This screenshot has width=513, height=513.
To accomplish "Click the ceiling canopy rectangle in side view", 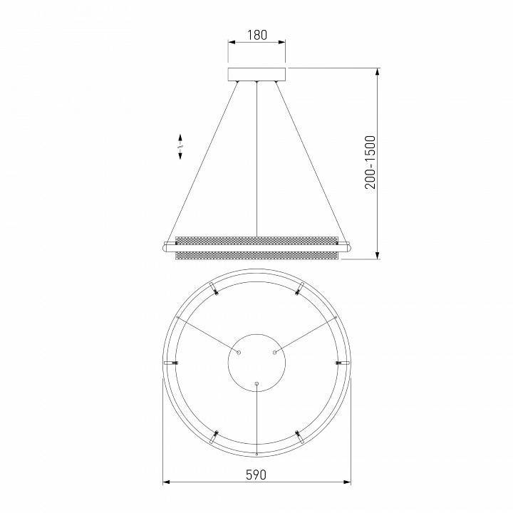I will click(256, 76).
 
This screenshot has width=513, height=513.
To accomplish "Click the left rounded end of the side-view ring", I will click(167, 247).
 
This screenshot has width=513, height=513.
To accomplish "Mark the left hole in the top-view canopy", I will click(239, 352).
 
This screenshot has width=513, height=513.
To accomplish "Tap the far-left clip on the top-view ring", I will click(170, 363).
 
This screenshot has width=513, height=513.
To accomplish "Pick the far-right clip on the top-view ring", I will click(343, 363).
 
